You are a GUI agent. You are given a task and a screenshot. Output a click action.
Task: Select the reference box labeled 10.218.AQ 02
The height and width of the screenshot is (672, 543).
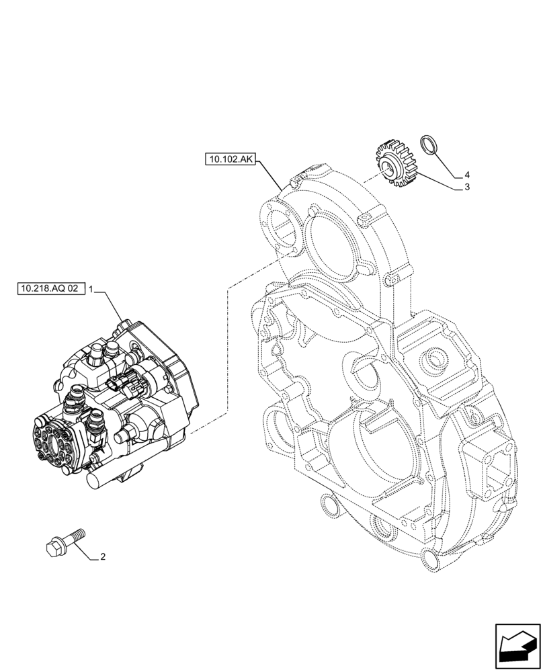tap(49, 289)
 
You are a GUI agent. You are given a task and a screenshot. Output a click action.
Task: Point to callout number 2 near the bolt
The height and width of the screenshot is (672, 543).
tap(102, 556)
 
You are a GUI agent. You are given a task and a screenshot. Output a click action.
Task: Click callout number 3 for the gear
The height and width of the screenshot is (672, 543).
tap(466, 187)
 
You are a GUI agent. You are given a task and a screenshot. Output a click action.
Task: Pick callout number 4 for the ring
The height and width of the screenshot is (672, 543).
tap(466, 175)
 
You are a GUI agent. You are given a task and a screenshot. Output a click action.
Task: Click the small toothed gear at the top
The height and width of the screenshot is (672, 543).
tap(395, 163)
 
